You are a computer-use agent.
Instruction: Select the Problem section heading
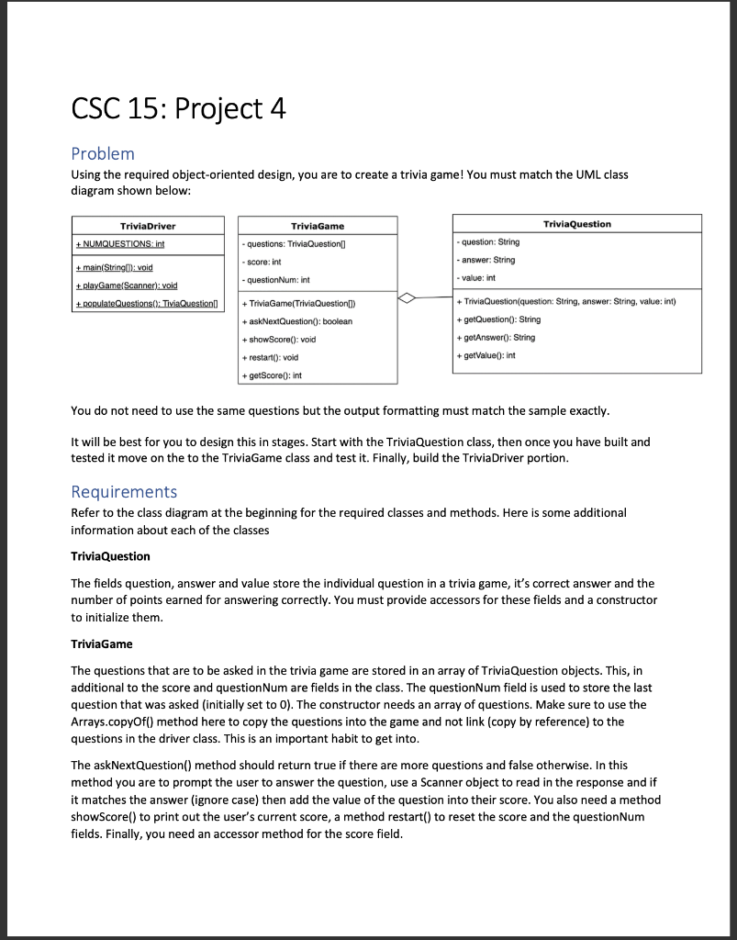[x=103, y=153]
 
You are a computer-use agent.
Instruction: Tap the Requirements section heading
[x=124, y=491]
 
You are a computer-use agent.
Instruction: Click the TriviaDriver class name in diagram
[x=148, y=225]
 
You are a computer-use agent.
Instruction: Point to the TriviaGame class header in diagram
[x=318, y=225]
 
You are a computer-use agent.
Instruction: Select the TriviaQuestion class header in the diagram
[x=576, y=223]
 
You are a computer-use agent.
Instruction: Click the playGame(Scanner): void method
[x=125, y=285]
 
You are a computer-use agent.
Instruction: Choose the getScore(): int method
[x=274, y=375]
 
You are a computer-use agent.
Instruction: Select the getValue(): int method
[x=489, y=355]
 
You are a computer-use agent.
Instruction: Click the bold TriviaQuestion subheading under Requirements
[x=110, y=556]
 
